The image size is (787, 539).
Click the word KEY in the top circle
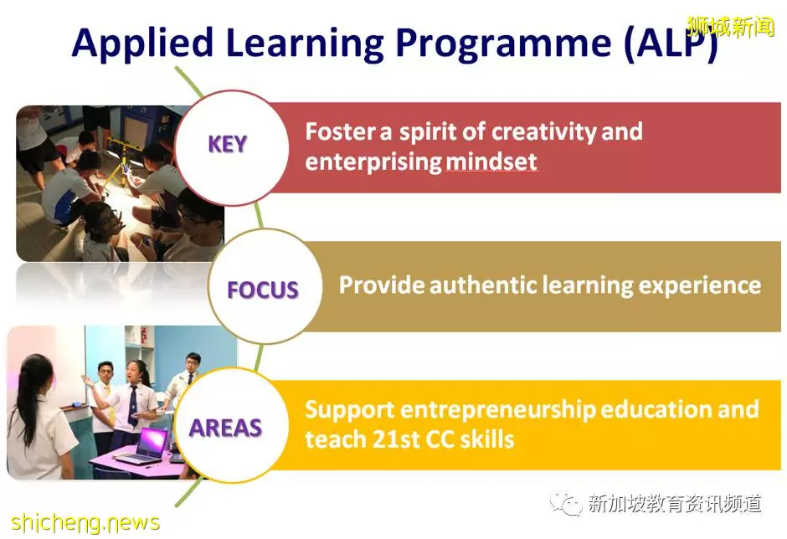(228, 145)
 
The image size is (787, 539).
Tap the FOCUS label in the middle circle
(263, 290)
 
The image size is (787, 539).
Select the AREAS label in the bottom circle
(226, 428)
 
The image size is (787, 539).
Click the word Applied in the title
(142, 44)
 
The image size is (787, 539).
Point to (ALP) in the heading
(671, 44)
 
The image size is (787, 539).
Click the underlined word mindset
(491, 162)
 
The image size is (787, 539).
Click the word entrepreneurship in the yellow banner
(498, 410)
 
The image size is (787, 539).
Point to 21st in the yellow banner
(389, 439)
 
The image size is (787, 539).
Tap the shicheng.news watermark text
(85, 522)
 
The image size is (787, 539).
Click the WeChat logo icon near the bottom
(566, 503)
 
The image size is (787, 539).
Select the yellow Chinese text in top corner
(731, 26)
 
